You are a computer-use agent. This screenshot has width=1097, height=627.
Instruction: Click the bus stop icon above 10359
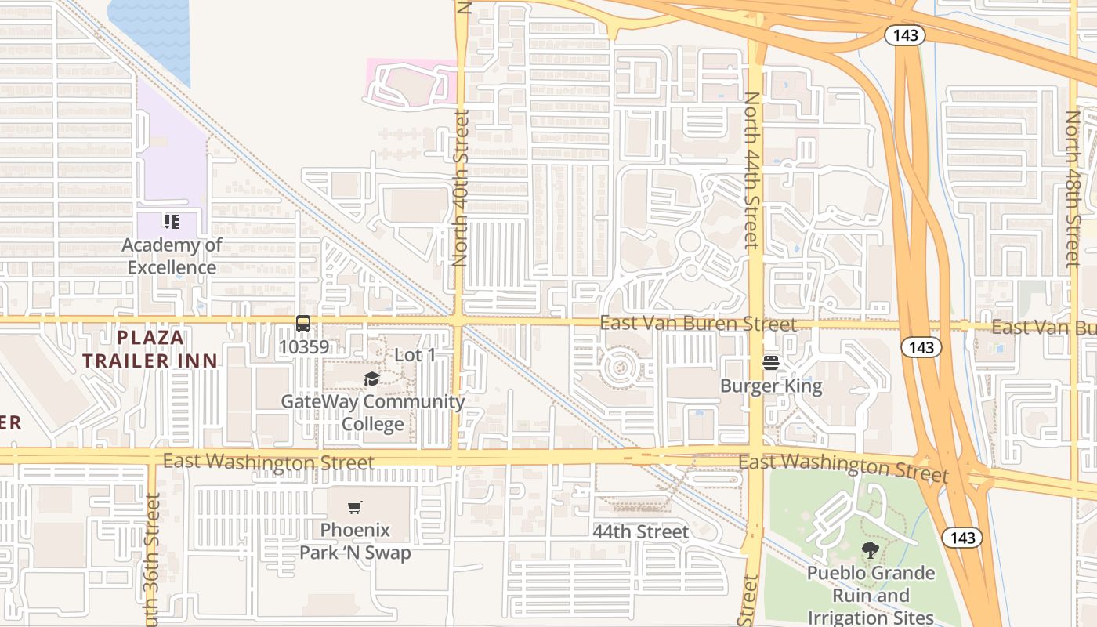pos(302,323)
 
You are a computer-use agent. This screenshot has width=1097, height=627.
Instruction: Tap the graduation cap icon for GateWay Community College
pos(371,379)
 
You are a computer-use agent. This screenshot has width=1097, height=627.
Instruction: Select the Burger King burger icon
pos(770,362)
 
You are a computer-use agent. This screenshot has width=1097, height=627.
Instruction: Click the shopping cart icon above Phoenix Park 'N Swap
pos(355,507)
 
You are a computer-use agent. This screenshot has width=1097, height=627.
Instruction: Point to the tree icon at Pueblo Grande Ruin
pos(870,550)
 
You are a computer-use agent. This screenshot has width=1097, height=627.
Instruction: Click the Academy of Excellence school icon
pos(172,222)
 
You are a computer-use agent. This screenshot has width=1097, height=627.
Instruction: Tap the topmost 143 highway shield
pos(906,35)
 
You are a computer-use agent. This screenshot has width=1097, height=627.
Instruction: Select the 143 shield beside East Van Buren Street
pos(921,346)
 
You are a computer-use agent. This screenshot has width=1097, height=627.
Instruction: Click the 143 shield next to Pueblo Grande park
pos(962,537)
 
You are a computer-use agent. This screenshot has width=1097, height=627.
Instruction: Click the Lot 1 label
pos(415,355)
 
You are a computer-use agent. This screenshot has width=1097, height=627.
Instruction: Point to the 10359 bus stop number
pos(304,346)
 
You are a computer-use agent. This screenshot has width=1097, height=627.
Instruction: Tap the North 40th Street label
pos(461,188)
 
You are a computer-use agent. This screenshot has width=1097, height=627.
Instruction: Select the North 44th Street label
pos(751,170)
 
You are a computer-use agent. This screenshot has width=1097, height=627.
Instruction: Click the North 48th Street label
pos(1073,188)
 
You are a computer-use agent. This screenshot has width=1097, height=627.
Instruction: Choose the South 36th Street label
pos(154,560)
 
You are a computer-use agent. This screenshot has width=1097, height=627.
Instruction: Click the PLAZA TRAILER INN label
pos(150,350)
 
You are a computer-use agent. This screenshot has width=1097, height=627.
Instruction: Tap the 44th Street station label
pos(640,531)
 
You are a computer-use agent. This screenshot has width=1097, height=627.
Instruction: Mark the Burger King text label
pos(771,386)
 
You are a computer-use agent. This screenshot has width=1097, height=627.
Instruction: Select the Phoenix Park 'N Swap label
pos(355,541)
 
